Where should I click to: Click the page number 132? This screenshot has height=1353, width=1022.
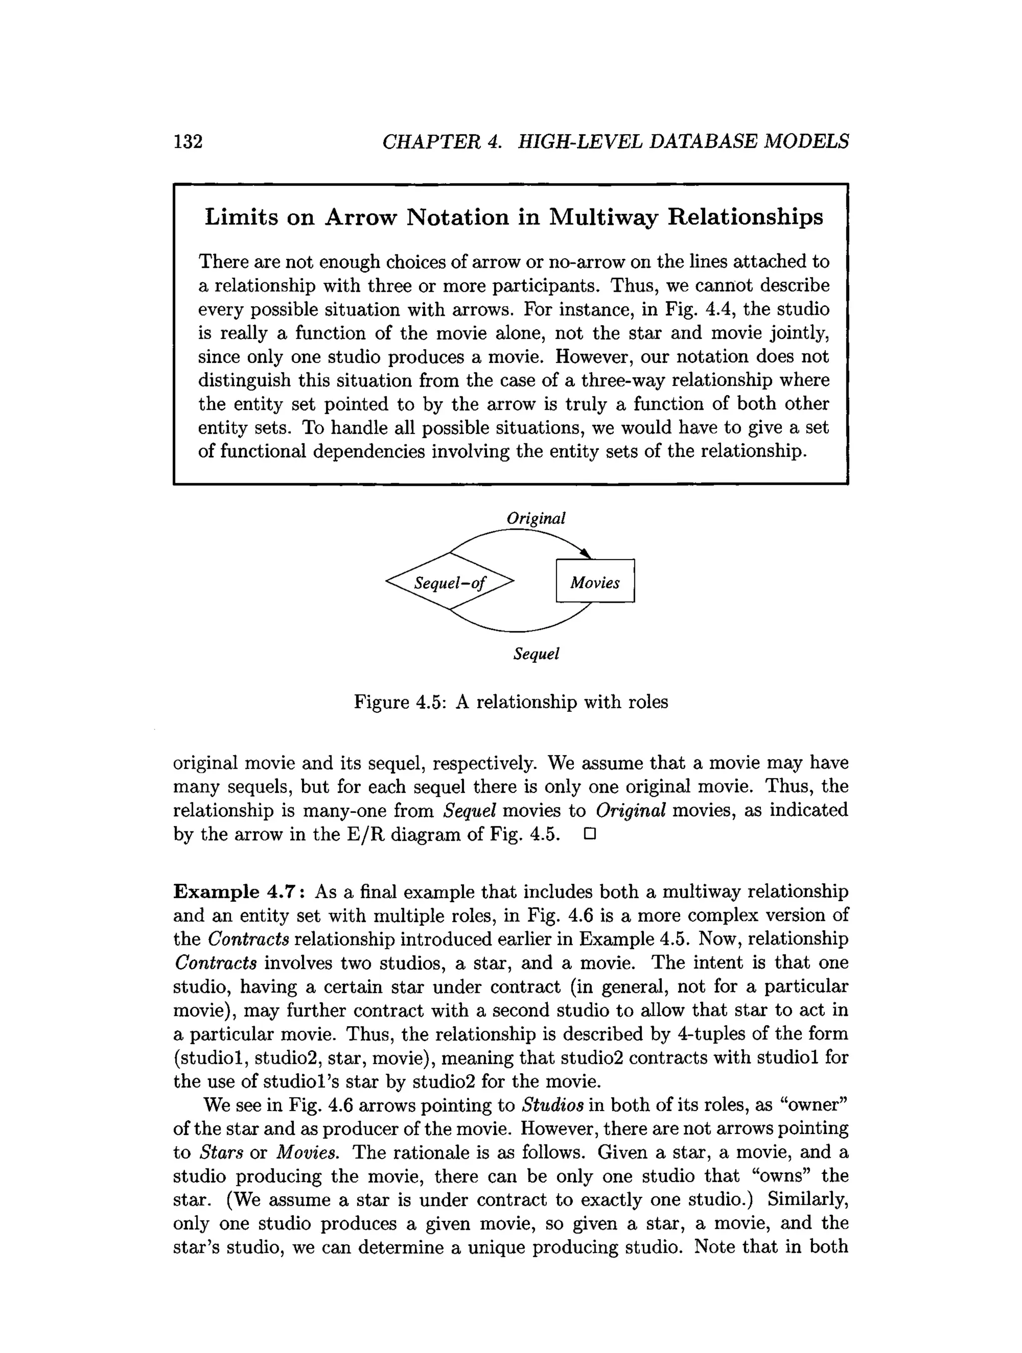pos(188,141)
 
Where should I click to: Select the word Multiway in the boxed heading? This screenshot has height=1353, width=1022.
pos(601,217)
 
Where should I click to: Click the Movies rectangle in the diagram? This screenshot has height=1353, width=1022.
pos(595,581)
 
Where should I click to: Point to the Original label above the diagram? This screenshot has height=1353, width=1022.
pos(535,518)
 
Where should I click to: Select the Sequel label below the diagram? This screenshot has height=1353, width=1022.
pos(536,654)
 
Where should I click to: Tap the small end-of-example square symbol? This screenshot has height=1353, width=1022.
pos(589,834)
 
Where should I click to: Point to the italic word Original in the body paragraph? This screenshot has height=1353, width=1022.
pos(630,810)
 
